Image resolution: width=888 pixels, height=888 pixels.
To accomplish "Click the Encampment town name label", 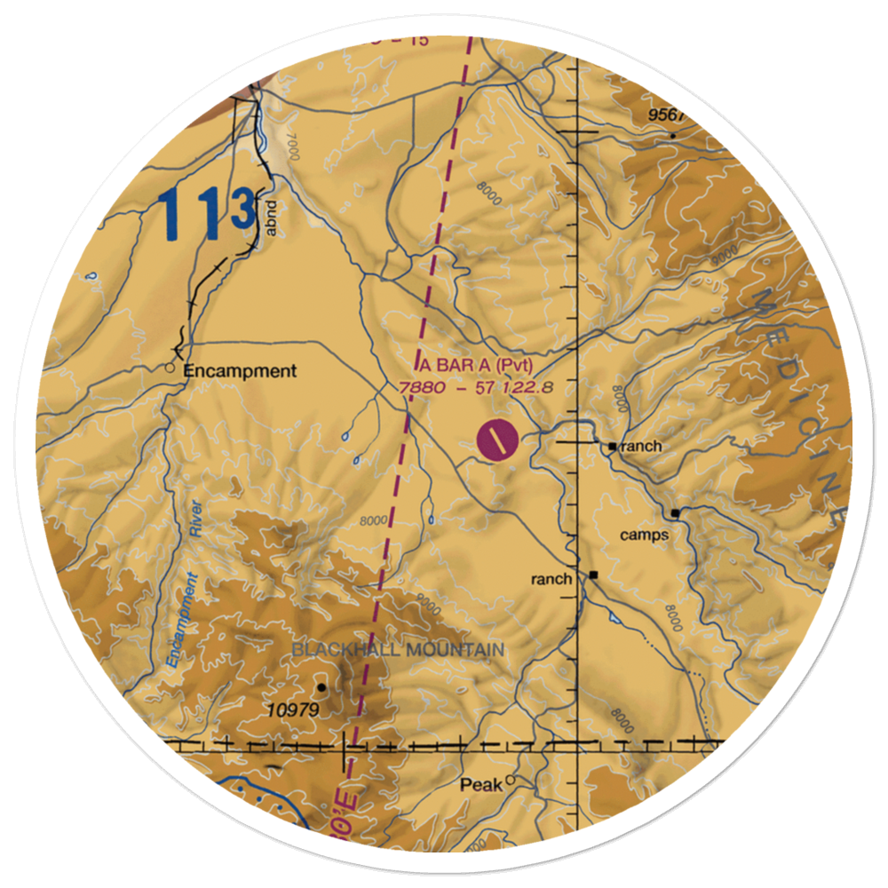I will (240, 372).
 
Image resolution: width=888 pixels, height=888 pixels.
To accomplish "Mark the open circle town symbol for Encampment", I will (170, 366).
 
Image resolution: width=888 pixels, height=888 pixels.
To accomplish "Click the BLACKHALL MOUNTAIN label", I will (398, 650).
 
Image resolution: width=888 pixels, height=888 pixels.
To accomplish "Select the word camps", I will (643, 535).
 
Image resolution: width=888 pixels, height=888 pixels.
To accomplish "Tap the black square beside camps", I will (676, 513).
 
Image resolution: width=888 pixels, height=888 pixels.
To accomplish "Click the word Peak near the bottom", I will (480, 786).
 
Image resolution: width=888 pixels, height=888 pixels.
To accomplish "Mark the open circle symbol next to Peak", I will (511, 781).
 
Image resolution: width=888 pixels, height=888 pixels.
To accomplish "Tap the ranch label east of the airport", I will (641, 446).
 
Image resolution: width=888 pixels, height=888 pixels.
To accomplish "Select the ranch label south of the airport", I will (551, 579).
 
